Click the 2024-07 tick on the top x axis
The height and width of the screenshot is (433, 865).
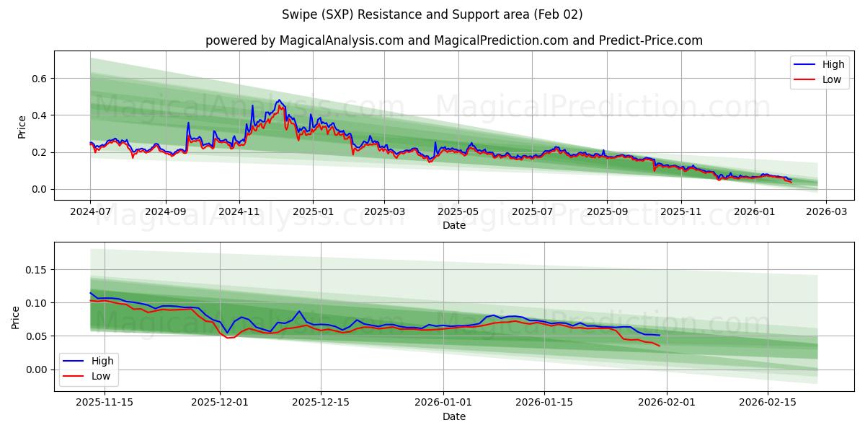pos(90,212)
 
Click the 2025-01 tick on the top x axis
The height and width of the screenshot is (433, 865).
pos(313,212)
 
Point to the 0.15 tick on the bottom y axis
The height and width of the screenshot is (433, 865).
pos(35,270)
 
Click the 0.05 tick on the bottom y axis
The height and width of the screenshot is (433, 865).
pos(35,336)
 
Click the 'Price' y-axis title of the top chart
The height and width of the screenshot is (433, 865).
pos(22,126)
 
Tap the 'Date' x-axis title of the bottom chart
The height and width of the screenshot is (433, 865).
pos(453,416)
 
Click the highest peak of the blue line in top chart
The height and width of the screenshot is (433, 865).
pos(279,100)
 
